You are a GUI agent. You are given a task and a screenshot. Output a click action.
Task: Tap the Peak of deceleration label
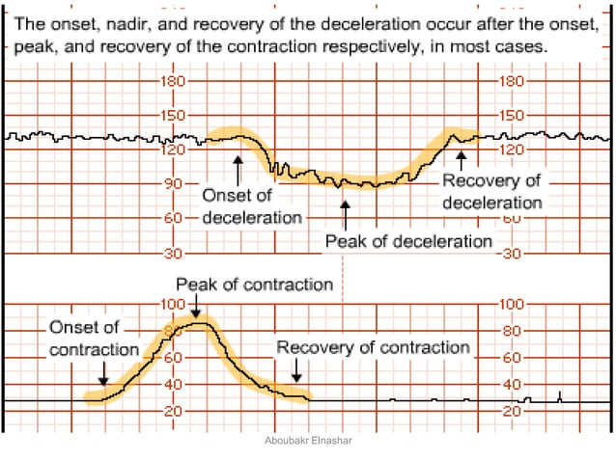click(408, 241)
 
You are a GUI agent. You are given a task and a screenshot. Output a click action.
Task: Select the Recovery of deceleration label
click(492, 192)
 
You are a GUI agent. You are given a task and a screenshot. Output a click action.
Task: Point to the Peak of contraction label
click(254, 285)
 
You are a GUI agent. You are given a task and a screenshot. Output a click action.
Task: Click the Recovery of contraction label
click(373, 347)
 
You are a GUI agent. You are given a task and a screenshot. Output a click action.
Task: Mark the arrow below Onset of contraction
click(103, 372)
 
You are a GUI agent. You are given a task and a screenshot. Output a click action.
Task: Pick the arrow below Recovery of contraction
click(296, 370)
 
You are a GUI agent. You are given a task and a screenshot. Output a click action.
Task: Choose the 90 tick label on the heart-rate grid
click(175, 182)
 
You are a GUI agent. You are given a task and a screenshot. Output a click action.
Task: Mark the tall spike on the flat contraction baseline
click(561, 395)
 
